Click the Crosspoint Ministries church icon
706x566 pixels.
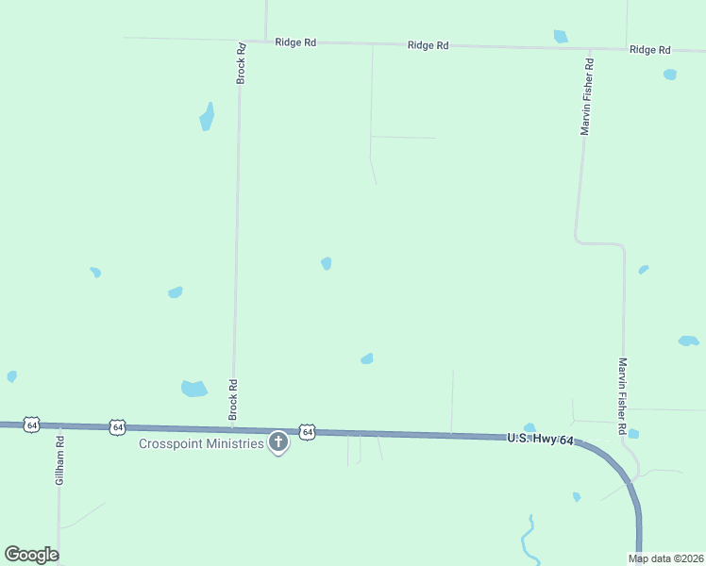278,441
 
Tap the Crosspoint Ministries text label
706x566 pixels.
201,443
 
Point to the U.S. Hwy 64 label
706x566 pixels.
540,439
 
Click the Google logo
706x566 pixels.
31,555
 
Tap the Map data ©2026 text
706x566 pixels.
665,558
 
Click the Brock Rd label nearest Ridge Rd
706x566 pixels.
242,63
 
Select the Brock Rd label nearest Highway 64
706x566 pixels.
233,400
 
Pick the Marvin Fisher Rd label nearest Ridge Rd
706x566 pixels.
586,98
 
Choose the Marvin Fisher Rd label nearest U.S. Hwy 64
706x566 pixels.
623,395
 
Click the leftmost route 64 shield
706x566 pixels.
32,425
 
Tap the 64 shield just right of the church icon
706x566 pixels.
307,431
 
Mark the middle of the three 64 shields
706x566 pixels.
117,427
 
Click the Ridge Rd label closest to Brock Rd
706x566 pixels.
294,42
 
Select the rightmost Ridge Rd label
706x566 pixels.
649,49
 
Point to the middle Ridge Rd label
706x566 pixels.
427,44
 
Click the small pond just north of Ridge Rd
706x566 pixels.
561,37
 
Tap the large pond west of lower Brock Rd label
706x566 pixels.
193,388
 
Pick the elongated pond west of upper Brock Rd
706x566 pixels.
207,117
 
